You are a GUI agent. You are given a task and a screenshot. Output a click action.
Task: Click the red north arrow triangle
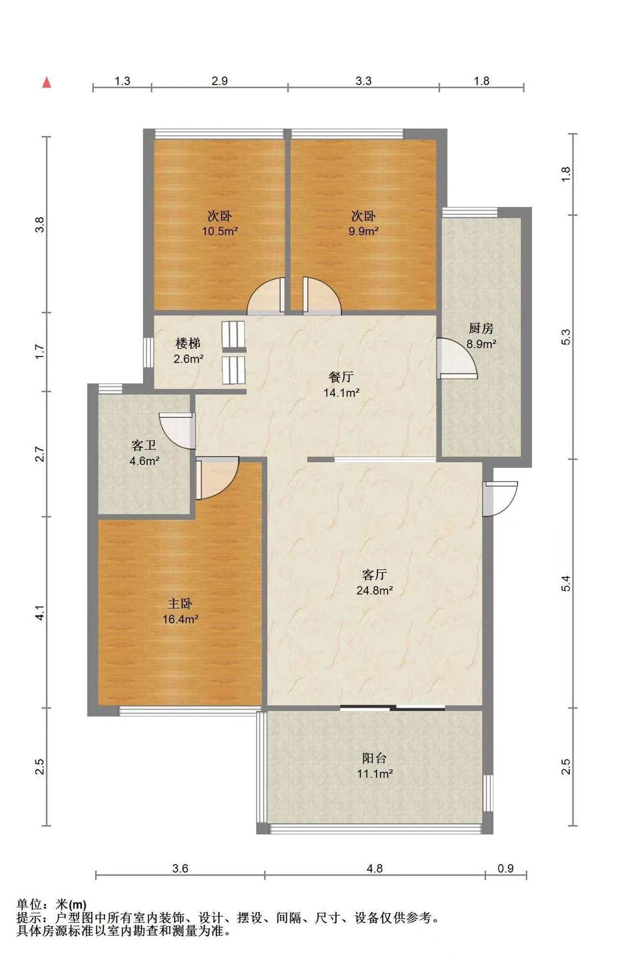click(x=47, y=82)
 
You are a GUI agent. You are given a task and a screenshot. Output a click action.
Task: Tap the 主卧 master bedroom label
click(x=180, y=603)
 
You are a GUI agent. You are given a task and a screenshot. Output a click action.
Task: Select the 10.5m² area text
click(x=220, y=231)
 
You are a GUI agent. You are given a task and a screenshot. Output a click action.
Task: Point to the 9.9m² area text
click(x=364, y=231)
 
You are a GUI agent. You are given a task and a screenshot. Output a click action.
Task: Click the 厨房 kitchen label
click(x=481, y=329)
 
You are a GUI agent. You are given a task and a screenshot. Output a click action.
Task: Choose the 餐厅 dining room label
click(x=341, y=377)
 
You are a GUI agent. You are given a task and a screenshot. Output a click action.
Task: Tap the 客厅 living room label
click(x=374, y=575)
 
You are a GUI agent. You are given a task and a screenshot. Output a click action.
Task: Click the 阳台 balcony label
click(x=374, y=758)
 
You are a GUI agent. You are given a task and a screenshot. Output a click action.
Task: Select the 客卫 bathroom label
click(x=144, y=445)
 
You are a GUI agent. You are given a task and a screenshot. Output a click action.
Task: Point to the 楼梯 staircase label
click(x=188, y=343)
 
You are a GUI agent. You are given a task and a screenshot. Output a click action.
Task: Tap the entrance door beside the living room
click(x=501, y=499)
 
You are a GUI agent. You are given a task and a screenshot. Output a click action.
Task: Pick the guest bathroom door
click(x=177, y=430)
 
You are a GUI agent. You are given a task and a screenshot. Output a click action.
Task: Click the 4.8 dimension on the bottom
click(x=375, y=868)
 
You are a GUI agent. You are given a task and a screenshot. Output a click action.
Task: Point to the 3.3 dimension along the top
click(x=364, y=81)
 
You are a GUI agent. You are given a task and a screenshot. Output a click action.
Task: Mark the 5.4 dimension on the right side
click(x=566, y=583)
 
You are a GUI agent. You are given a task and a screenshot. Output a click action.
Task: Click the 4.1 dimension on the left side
click(x=40, y=612)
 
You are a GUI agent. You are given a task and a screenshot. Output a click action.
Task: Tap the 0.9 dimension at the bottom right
click(x=506, y=868)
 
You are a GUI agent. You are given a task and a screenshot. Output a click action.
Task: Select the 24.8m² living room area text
click(x=374, y=590)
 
